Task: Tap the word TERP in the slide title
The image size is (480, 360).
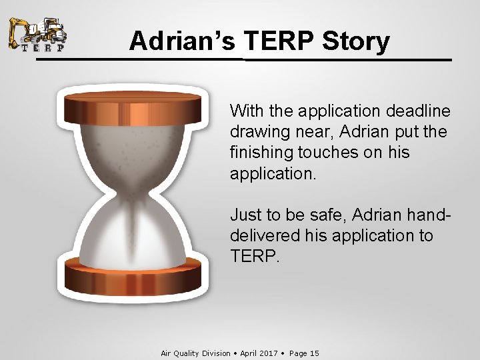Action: coord(279,41)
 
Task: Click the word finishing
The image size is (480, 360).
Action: coord(259,153)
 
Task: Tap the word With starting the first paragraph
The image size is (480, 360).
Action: coord(246,110)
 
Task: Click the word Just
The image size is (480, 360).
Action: coord(246,214)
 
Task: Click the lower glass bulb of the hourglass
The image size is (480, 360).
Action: coord(133,233)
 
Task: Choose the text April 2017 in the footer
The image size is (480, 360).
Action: coord(259,353)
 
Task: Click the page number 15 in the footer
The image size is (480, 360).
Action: coord(314,353)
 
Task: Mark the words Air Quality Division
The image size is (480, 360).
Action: coord(195,353)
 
